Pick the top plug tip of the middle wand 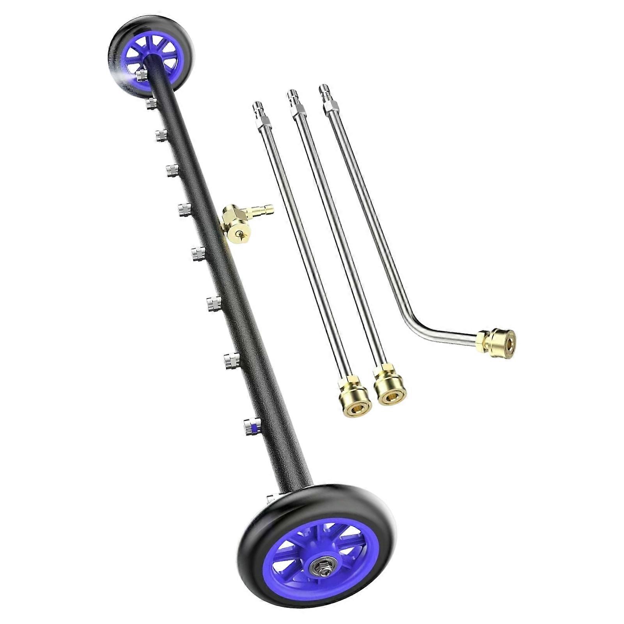[x=291, y=97]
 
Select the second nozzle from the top [x=151, y=104]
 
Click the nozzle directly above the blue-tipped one [x=232, y=360]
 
